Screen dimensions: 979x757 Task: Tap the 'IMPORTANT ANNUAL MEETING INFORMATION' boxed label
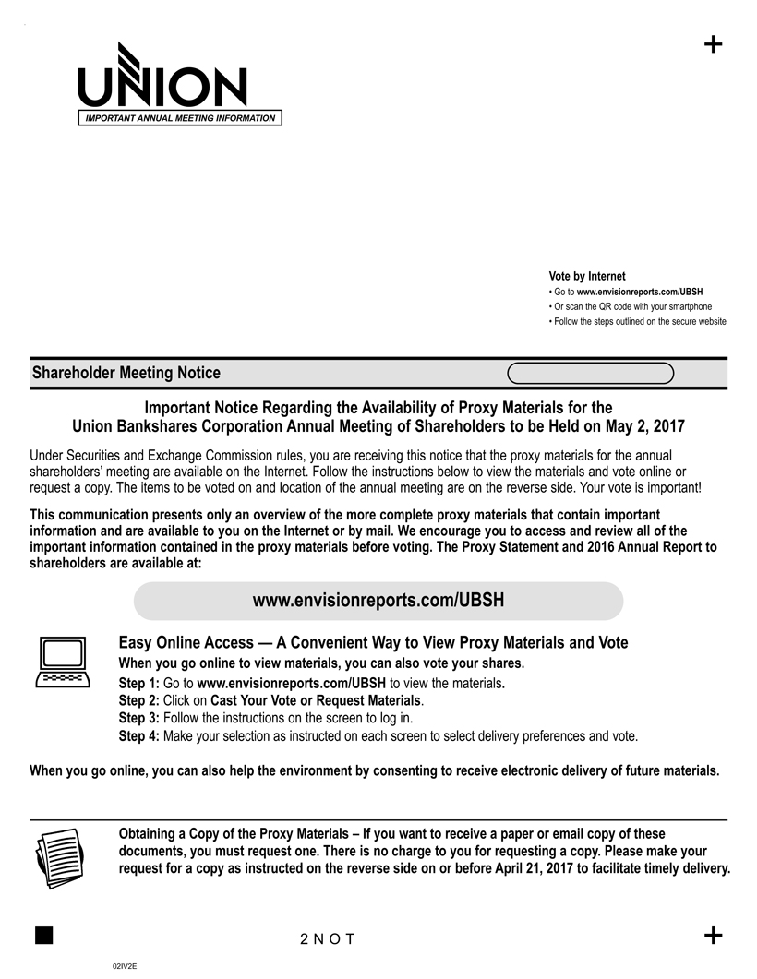point(180,118)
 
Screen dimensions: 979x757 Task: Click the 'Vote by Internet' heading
point(586,276)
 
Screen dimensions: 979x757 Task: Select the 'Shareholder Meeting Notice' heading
point(126,373)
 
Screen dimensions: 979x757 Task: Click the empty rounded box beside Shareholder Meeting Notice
point(591,373)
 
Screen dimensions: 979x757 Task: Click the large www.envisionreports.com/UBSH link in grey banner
point(378,601)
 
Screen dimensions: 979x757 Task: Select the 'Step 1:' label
point(139,684)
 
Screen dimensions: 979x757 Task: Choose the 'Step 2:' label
point(139,701)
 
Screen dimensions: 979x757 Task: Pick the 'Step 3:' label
point(139,719)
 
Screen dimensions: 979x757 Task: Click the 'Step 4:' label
point(139,736)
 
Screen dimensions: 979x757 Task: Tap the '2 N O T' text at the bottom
point(328,939)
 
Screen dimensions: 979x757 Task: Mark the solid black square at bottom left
point(42,936)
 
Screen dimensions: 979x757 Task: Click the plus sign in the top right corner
point(713,44)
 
